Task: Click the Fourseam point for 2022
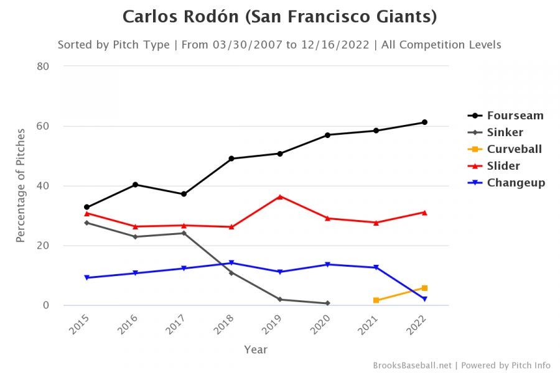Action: pos(424,122)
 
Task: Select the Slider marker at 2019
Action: pos(279,196)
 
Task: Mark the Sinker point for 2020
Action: pos(327,303)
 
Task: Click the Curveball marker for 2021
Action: pos(376,300)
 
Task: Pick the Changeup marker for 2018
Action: pos(231,263)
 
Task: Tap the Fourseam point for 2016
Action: pos(135,185)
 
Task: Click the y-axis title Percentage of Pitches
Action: pos(21,185)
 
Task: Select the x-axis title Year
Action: pos(256,349)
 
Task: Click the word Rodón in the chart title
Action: pos(205,17)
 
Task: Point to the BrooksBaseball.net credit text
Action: pos(413,365)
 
